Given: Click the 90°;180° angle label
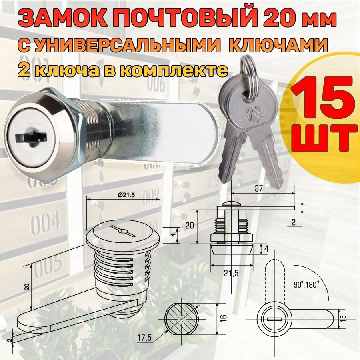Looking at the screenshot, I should (307, 285).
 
